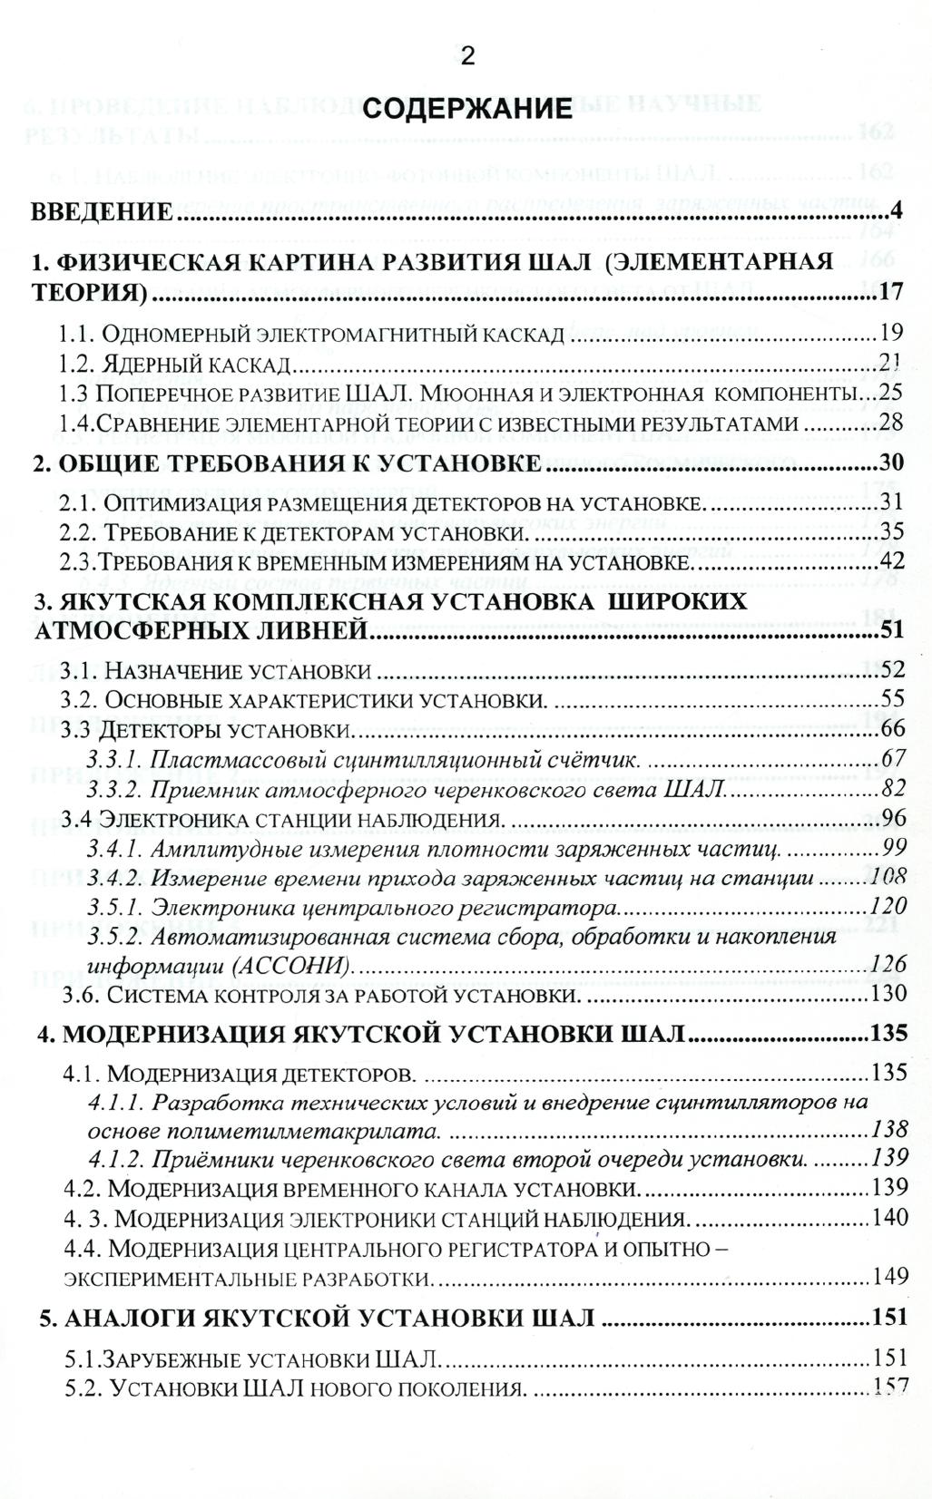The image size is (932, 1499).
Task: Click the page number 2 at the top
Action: (466, 56)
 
